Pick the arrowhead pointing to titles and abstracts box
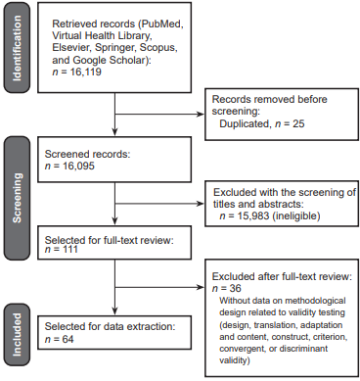pos(207,191)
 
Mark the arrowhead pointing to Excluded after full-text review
pos(207,287)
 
